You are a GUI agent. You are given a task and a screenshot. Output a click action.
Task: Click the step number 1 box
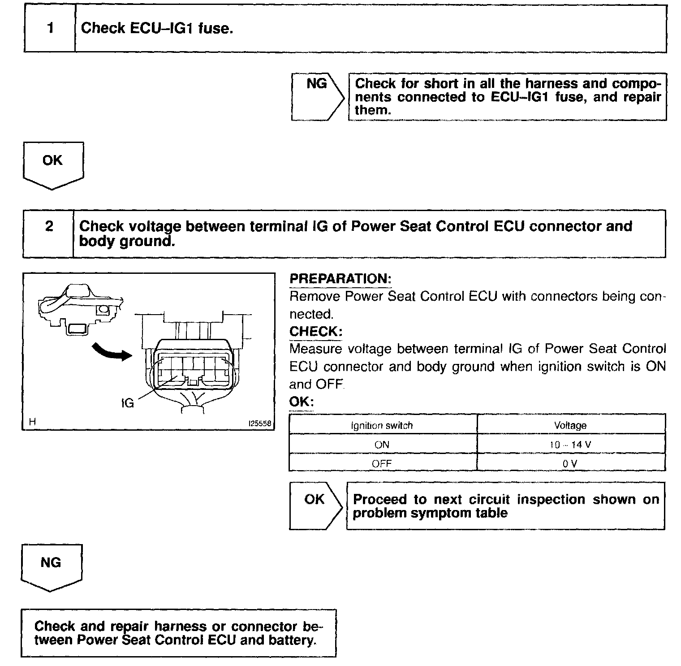point(50,28)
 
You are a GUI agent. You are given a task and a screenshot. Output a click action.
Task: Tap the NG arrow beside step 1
point(317,96)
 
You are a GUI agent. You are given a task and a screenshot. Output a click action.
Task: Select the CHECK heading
point(316,332)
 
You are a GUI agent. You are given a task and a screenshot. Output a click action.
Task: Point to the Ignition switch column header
point(382,425)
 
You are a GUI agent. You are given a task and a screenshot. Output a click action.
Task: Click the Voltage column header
point(570,425)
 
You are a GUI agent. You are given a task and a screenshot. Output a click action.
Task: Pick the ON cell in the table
point(382,445)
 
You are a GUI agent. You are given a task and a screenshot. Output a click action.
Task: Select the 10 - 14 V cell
point(570,445)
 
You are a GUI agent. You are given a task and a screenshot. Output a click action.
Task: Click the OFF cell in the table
point(382,463)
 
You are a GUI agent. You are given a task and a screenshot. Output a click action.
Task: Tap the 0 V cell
point(570,463)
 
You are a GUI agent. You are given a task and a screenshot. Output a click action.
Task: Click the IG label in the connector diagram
point(128,403)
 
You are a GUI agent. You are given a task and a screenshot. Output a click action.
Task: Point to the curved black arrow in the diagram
point(111,352)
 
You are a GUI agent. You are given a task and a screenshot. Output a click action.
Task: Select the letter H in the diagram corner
point(32,421)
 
